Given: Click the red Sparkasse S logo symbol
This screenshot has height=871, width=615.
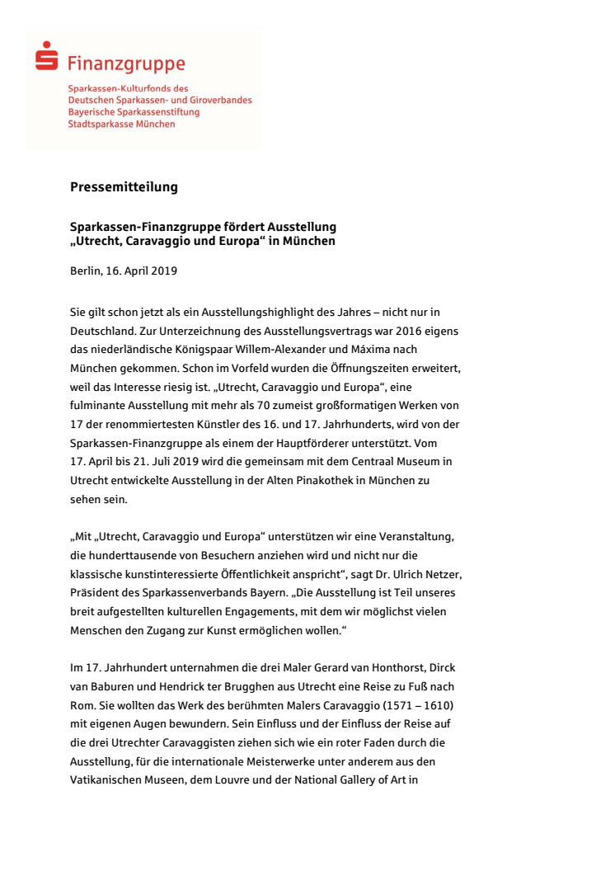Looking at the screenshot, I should point(47,59).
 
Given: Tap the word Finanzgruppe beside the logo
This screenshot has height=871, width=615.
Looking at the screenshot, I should point(126,64).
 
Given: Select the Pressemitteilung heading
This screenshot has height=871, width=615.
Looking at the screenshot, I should point(124,187).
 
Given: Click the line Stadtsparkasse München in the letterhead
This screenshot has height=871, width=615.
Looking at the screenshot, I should point(121,124).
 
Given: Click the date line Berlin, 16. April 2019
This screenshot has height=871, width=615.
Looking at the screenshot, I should point(124,271).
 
